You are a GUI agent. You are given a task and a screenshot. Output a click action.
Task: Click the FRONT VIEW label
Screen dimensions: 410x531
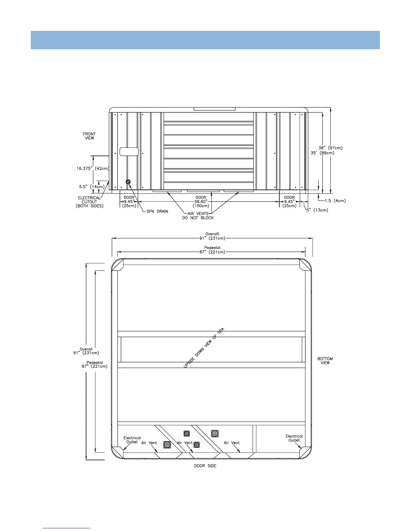click(x=89, y=136)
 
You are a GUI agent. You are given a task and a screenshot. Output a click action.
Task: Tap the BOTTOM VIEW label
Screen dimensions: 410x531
click(x=325, y=361)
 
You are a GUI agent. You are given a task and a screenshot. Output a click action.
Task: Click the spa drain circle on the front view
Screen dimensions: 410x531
click(x=128, y=182)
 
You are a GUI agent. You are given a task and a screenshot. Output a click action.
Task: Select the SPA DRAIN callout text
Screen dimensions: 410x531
click(x=157, y=212)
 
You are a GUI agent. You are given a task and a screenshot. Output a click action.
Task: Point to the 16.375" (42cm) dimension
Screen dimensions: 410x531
click(x=93, y=168)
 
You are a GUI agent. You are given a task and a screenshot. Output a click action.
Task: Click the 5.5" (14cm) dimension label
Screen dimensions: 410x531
click(x=91, y=187)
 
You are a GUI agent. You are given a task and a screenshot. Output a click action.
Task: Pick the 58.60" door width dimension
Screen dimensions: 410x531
click(x=201, y=201)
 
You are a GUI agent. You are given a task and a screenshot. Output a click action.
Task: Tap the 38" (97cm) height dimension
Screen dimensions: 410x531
click(x=330, y=148)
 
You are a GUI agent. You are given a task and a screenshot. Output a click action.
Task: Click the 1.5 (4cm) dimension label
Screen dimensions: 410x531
click(x=335, y=200)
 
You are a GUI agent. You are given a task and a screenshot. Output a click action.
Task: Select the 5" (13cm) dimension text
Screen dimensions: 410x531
click(x=317, y=210)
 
